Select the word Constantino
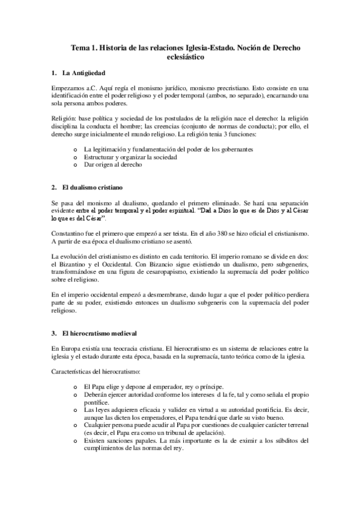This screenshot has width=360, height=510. coord(71,232)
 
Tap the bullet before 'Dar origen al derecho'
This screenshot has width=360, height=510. coord(75,165)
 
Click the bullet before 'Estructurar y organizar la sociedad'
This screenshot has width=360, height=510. coord(75,157)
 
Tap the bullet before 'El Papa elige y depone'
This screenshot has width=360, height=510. coord(75,386)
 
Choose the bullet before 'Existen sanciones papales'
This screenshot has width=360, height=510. coord(75,441)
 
